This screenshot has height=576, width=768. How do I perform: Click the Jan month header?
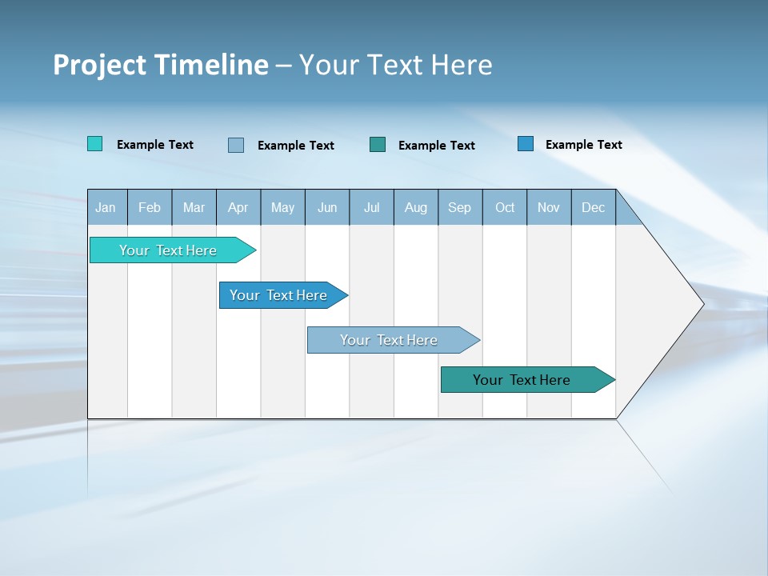click(106, 207)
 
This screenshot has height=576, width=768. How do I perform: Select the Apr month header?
click(238, 207)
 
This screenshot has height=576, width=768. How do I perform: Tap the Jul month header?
click(371, 207)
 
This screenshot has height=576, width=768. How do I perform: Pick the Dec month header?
click(593, 207)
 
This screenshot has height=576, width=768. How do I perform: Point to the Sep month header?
click(459, 207)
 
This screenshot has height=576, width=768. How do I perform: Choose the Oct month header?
click(505, 207)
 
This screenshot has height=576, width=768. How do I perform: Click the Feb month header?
click(150, 207)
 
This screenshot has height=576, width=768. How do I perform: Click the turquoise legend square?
click(95, 144)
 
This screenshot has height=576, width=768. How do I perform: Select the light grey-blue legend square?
click(236, 145)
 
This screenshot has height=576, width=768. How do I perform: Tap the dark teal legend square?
click(378, 144)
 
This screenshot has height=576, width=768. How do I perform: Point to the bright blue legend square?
click(526, 144)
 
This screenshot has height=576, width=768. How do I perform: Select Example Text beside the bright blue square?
click(583, 145)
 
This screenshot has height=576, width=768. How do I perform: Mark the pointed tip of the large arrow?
click(702, 303)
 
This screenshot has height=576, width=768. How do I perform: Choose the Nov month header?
click(549, 207)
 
